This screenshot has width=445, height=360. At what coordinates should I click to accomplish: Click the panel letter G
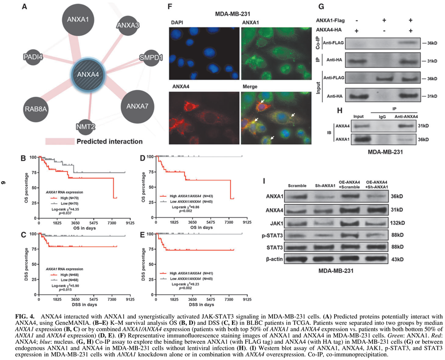coord(320,7)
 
